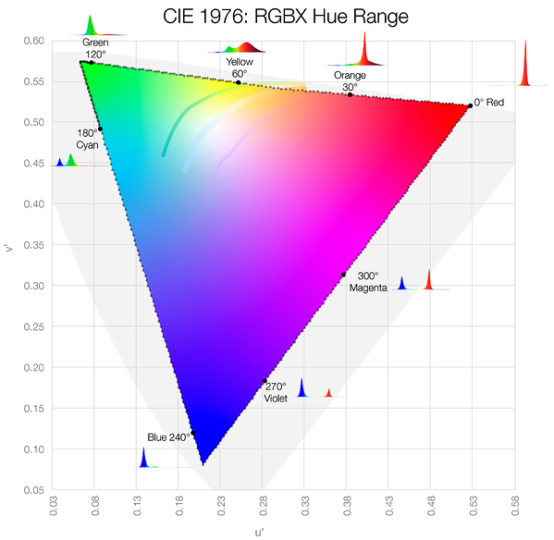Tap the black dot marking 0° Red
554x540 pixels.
coord(470,105)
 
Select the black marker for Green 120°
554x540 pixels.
coord(91,63)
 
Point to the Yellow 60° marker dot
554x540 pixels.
coord(238,83)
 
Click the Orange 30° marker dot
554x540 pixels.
coord(350,95)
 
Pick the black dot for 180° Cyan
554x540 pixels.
coord(100,129)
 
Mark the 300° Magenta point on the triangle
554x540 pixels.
coord(343,275)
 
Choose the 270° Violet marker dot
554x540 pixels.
coord(265,381)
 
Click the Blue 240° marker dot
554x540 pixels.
coord(193,433)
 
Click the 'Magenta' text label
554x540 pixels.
coord(368,288)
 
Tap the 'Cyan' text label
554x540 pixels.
coord(87,145)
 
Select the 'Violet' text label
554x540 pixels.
coord(276,399)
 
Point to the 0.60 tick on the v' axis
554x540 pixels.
coord(34,41)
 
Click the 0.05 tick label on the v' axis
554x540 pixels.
coord(34,490)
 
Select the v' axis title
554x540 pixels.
coord(10,248)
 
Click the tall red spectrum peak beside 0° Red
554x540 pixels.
coord(525,65)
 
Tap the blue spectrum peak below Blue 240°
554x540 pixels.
coord(143,458)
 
